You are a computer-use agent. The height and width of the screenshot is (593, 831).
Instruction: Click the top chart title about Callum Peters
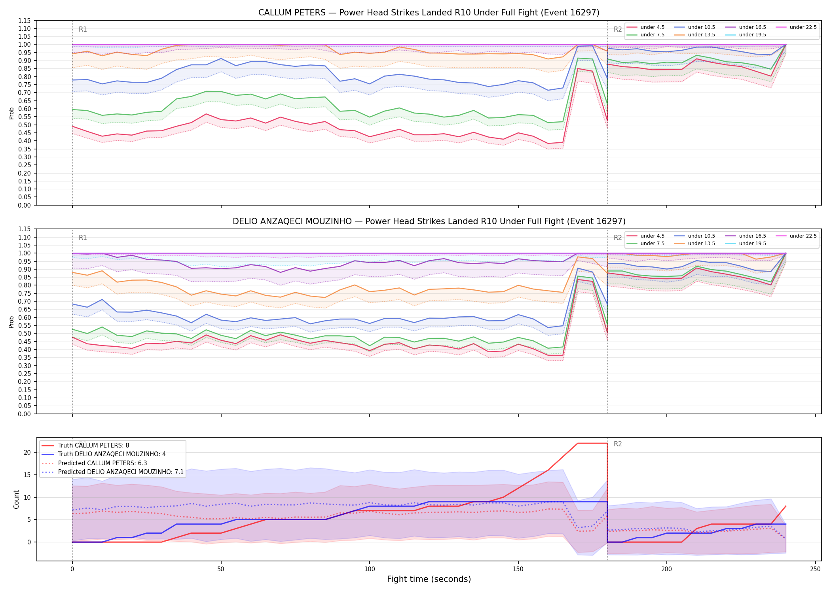429,13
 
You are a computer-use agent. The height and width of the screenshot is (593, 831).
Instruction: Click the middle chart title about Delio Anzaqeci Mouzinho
429,221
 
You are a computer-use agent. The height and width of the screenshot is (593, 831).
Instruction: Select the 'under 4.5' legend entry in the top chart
646,27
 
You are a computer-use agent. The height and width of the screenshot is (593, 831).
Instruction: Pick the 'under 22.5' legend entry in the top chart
797,27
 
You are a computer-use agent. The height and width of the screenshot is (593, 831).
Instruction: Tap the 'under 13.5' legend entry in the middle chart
695,244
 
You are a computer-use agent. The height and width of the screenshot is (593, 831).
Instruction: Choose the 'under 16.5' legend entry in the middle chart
746,236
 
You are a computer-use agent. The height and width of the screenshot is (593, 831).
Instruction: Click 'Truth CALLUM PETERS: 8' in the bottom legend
85,446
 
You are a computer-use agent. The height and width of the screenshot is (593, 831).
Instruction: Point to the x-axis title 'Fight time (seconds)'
429,579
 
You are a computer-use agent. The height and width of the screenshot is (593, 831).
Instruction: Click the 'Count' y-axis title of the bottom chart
16,499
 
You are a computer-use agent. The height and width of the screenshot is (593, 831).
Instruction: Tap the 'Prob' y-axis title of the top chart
11,113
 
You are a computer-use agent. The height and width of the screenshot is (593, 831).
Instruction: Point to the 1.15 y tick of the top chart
24,21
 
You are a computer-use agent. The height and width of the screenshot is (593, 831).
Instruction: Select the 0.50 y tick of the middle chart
24,334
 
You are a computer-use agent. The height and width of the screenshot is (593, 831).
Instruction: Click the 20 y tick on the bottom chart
27,453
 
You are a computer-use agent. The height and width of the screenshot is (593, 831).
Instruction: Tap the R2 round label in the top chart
618,29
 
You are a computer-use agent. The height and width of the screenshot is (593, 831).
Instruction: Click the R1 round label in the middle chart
83,238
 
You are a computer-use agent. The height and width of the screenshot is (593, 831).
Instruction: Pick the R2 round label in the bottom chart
618,444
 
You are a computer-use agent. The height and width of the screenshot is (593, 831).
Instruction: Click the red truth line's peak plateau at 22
592,444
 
